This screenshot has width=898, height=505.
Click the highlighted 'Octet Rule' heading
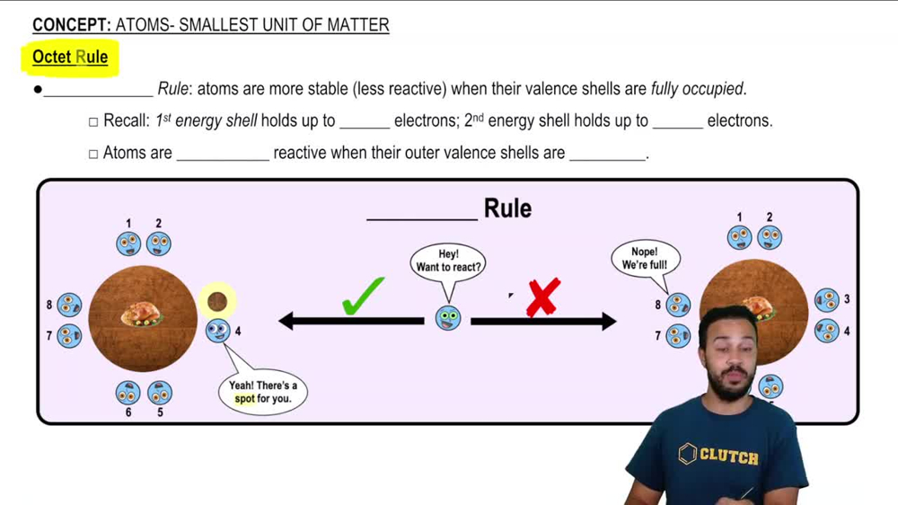point(70,58)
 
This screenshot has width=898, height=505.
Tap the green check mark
point(363,297)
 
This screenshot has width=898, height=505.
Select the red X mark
point(543,297)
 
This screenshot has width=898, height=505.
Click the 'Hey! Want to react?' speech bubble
point(448,261)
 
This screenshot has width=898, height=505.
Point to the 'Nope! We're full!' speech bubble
point(644,259)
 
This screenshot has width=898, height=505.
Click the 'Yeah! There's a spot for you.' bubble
point(262,392)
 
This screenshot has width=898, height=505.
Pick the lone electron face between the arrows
point(448,317)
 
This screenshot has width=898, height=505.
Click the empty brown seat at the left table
point(217,302)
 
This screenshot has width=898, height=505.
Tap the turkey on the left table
point(141,314)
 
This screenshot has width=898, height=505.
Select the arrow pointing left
point(350,321)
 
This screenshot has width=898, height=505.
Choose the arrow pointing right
point(543,321)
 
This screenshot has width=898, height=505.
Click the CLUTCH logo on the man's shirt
point(718,456)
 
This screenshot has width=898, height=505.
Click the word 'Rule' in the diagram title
point(507,208)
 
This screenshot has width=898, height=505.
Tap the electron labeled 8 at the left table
point(69,306)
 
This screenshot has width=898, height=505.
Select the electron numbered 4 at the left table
point(217,332)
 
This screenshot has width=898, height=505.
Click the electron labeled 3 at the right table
point(826,300)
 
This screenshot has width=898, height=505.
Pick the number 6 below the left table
point(128,412)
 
